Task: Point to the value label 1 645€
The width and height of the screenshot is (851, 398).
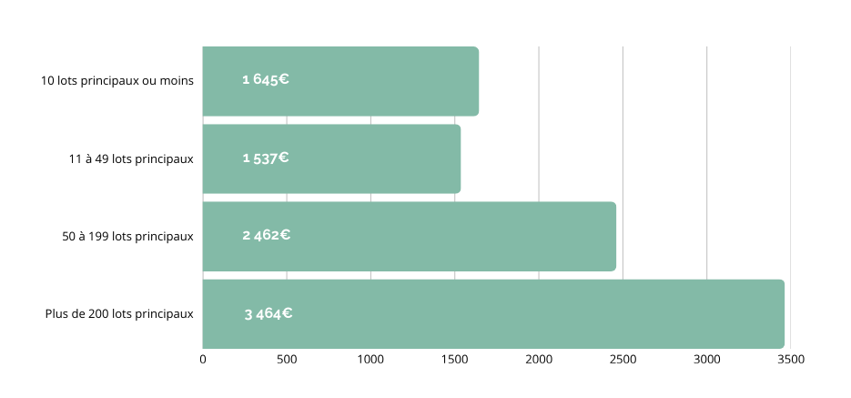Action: [265, 79]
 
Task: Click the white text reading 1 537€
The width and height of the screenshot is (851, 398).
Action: [265, 158]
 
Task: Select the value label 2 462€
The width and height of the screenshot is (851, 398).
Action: [266, 235]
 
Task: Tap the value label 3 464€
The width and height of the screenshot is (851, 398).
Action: [268, 314]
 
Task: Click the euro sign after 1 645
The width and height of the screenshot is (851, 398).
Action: [284, 79]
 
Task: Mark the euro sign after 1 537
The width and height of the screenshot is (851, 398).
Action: [284, 158]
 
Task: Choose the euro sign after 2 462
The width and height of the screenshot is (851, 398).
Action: [285, 235]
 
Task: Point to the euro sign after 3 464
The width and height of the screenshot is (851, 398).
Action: [287, 314]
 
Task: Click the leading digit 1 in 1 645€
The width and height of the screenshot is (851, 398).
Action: [245, 79]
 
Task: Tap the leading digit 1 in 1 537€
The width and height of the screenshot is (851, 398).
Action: [245, 158]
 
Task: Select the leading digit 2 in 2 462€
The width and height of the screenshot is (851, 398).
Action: [246, 235]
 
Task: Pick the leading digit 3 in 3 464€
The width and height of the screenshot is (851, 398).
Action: [248, 314]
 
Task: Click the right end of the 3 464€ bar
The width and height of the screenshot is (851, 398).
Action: [781, 313]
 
